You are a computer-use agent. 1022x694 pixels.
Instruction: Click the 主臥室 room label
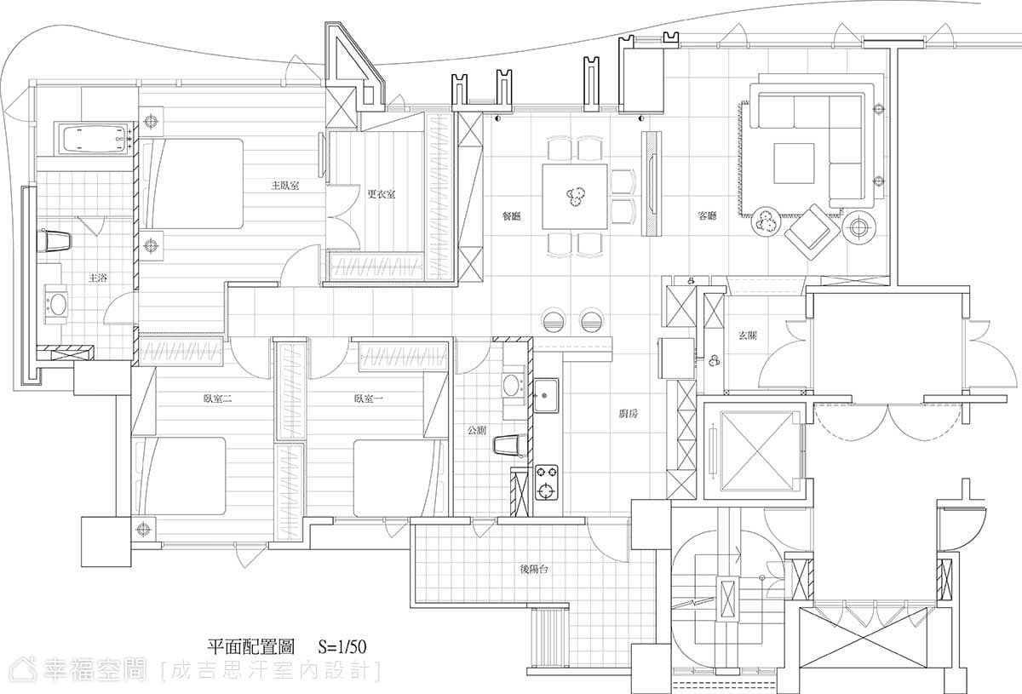(285, 186)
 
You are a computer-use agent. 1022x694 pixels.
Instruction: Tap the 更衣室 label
(382, 194)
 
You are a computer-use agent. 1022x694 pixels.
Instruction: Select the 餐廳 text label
(511, 216)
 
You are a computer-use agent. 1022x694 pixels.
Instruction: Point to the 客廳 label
(707, 215)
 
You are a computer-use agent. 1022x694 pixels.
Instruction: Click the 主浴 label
(98, 278)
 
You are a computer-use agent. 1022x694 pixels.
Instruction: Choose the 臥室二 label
(218, 399)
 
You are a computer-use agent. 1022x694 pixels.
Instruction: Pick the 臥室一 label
(368, 399)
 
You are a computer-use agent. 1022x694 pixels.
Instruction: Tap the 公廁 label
(477, 430)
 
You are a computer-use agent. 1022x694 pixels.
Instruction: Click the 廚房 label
(629, 414)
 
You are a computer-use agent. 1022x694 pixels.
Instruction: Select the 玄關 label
(748, 336)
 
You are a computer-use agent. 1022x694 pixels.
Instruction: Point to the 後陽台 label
(534, 570)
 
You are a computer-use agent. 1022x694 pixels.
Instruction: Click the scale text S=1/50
(342, 646)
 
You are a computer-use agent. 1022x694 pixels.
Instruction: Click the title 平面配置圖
(251, 646)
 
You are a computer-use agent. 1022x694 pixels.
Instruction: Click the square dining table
(575, 197)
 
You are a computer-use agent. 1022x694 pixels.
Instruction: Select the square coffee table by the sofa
(794, 163)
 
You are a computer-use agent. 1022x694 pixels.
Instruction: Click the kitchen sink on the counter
(546, 396)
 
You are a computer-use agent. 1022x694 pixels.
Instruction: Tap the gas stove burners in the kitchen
(546, 483)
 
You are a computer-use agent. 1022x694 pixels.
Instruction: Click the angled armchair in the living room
(812, 232)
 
